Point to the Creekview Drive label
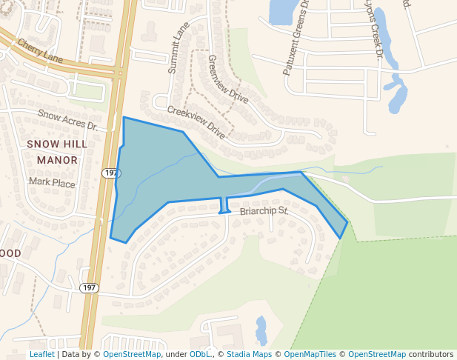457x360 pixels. point(196,121)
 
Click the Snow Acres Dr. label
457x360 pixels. point(68,119)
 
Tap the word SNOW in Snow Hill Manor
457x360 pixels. point(42,143)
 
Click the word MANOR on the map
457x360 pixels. point(57,159)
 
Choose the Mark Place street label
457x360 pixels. point(52,182)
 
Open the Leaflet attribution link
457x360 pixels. point(41,355)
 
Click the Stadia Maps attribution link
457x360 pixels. point(249,355)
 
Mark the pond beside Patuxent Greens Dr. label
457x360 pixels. point(282,11)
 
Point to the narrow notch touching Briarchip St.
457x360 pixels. point(224,205)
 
